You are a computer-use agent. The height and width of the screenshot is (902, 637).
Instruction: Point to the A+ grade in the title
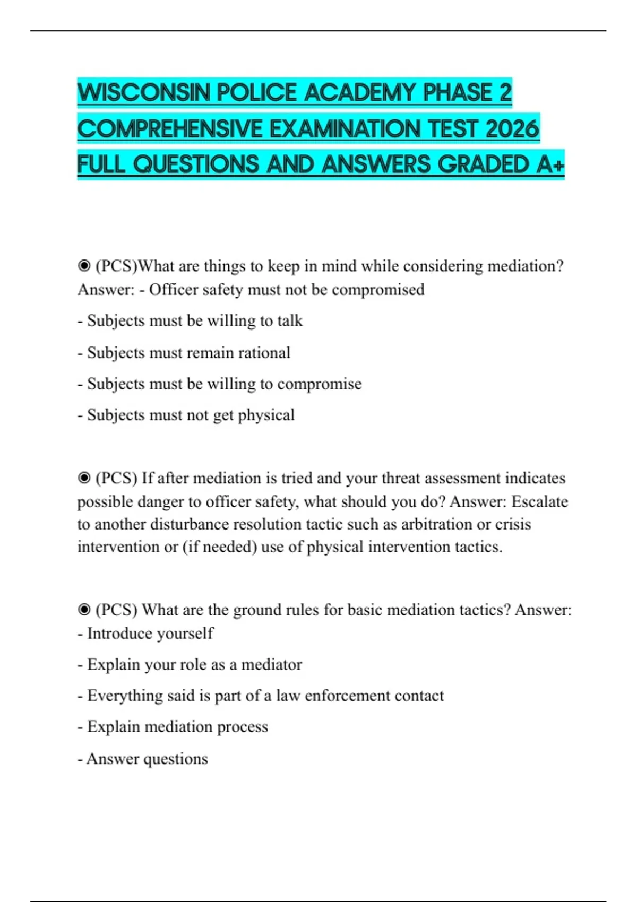coord(550,164)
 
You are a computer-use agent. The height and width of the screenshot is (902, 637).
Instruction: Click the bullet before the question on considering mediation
coord(84,266)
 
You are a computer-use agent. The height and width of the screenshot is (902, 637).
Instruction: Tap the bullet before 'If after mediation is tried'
coord(84,478)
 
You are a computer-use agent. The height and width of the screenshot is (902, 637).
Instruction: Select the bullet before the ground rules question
coord(84,610)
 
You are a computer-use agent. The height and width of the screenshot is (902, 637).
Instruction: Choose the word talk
coord(290,320)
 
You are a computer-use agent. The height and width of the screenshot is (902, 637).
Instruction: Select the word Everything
coord(125,696)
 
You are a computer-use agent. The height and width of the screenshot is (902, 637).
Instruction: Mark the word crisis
coord(513,524)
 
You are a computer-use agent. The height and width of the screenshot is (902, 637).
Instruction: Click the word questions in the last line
coord(176,759)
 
